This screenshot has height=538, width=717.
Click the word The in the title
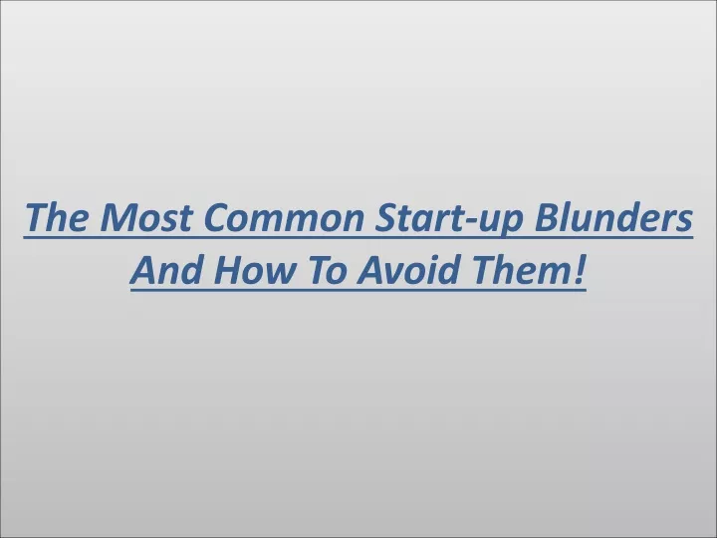(x=56, y=217)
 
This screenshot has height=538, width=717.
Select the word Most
(x=145, y=217)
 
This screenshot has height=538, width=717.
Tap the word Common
(x=284, y=217)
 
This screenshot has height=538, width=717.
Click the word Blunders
(x=613, y=216)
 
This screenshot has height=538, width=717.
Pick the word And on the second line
(x=166, y=269)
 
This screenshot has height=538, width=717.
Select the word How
(x=253, y=269)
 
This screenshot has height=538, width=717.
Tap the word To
(x=325, y=269)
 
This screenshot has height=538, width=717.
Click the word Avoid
(x=408, y=269)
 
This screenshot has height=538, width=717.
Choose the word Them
(x=519, y=269)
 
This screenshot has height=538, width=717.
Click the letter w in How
(x=278, y=274)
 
